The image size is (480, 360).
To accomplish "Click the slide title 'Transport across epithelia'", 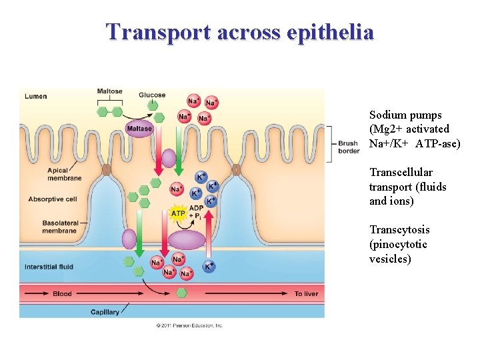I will [240, 31].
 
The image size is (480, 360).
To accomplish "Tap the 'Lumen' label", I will [36, 97].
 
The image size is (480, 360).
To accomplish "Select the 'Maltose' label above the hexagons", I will [109, 92].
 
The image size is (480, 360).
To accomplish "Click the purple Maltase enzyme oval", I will [139, 129].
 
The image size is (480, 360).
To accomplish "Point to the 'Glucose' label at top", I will [152, 95].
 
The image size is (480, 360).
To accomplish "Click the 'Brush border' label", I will [348, 147].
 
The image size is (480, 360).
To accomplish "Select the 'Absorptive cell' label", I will [53, 199].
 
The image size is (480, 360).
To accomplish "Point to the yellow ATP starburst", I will [178, 214].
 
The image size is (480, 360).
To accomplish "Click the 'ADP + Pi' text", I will [197, 212].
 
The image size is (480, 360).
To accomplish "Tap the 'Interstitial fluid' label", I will [49, 267].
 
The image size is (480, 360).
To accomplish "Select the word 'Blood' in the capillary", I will [62, 294].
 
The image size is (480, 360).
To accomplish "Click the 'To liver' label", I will [307, 294].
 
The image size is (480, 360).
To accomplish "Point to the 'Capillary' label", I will [105, 311].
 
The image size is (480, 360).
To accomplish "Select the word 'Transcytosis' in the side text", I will [399, 230].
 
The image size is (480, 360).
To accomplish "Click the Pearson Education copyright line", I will [189, 325].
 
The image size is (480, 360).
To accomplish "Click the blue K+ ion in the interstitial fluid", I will [209, 267].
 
